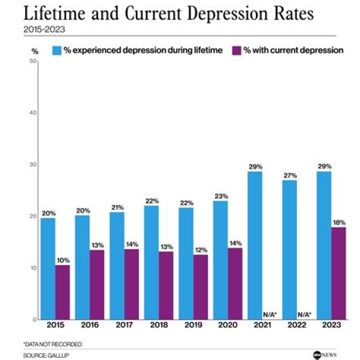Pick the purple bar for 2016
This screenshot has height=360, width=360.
pos(97,284)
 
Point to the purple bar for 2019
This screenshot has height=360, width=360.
pos(200,287)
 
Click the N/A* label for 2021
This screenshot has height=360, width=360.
pos(269,314)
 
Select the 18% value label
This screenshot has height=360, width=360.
pos(338,222)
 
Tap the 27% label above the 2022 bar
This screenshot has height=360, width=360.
pos(290,175)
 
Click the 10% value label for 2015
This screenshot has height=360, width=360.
pos(63,259)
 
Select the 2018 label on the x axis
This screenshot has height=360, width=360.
pos(158,326)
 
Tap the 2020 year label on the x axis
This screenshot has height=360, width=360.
pos(228,326)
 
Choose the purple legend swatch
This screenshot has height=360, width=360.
pos(236,50)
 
